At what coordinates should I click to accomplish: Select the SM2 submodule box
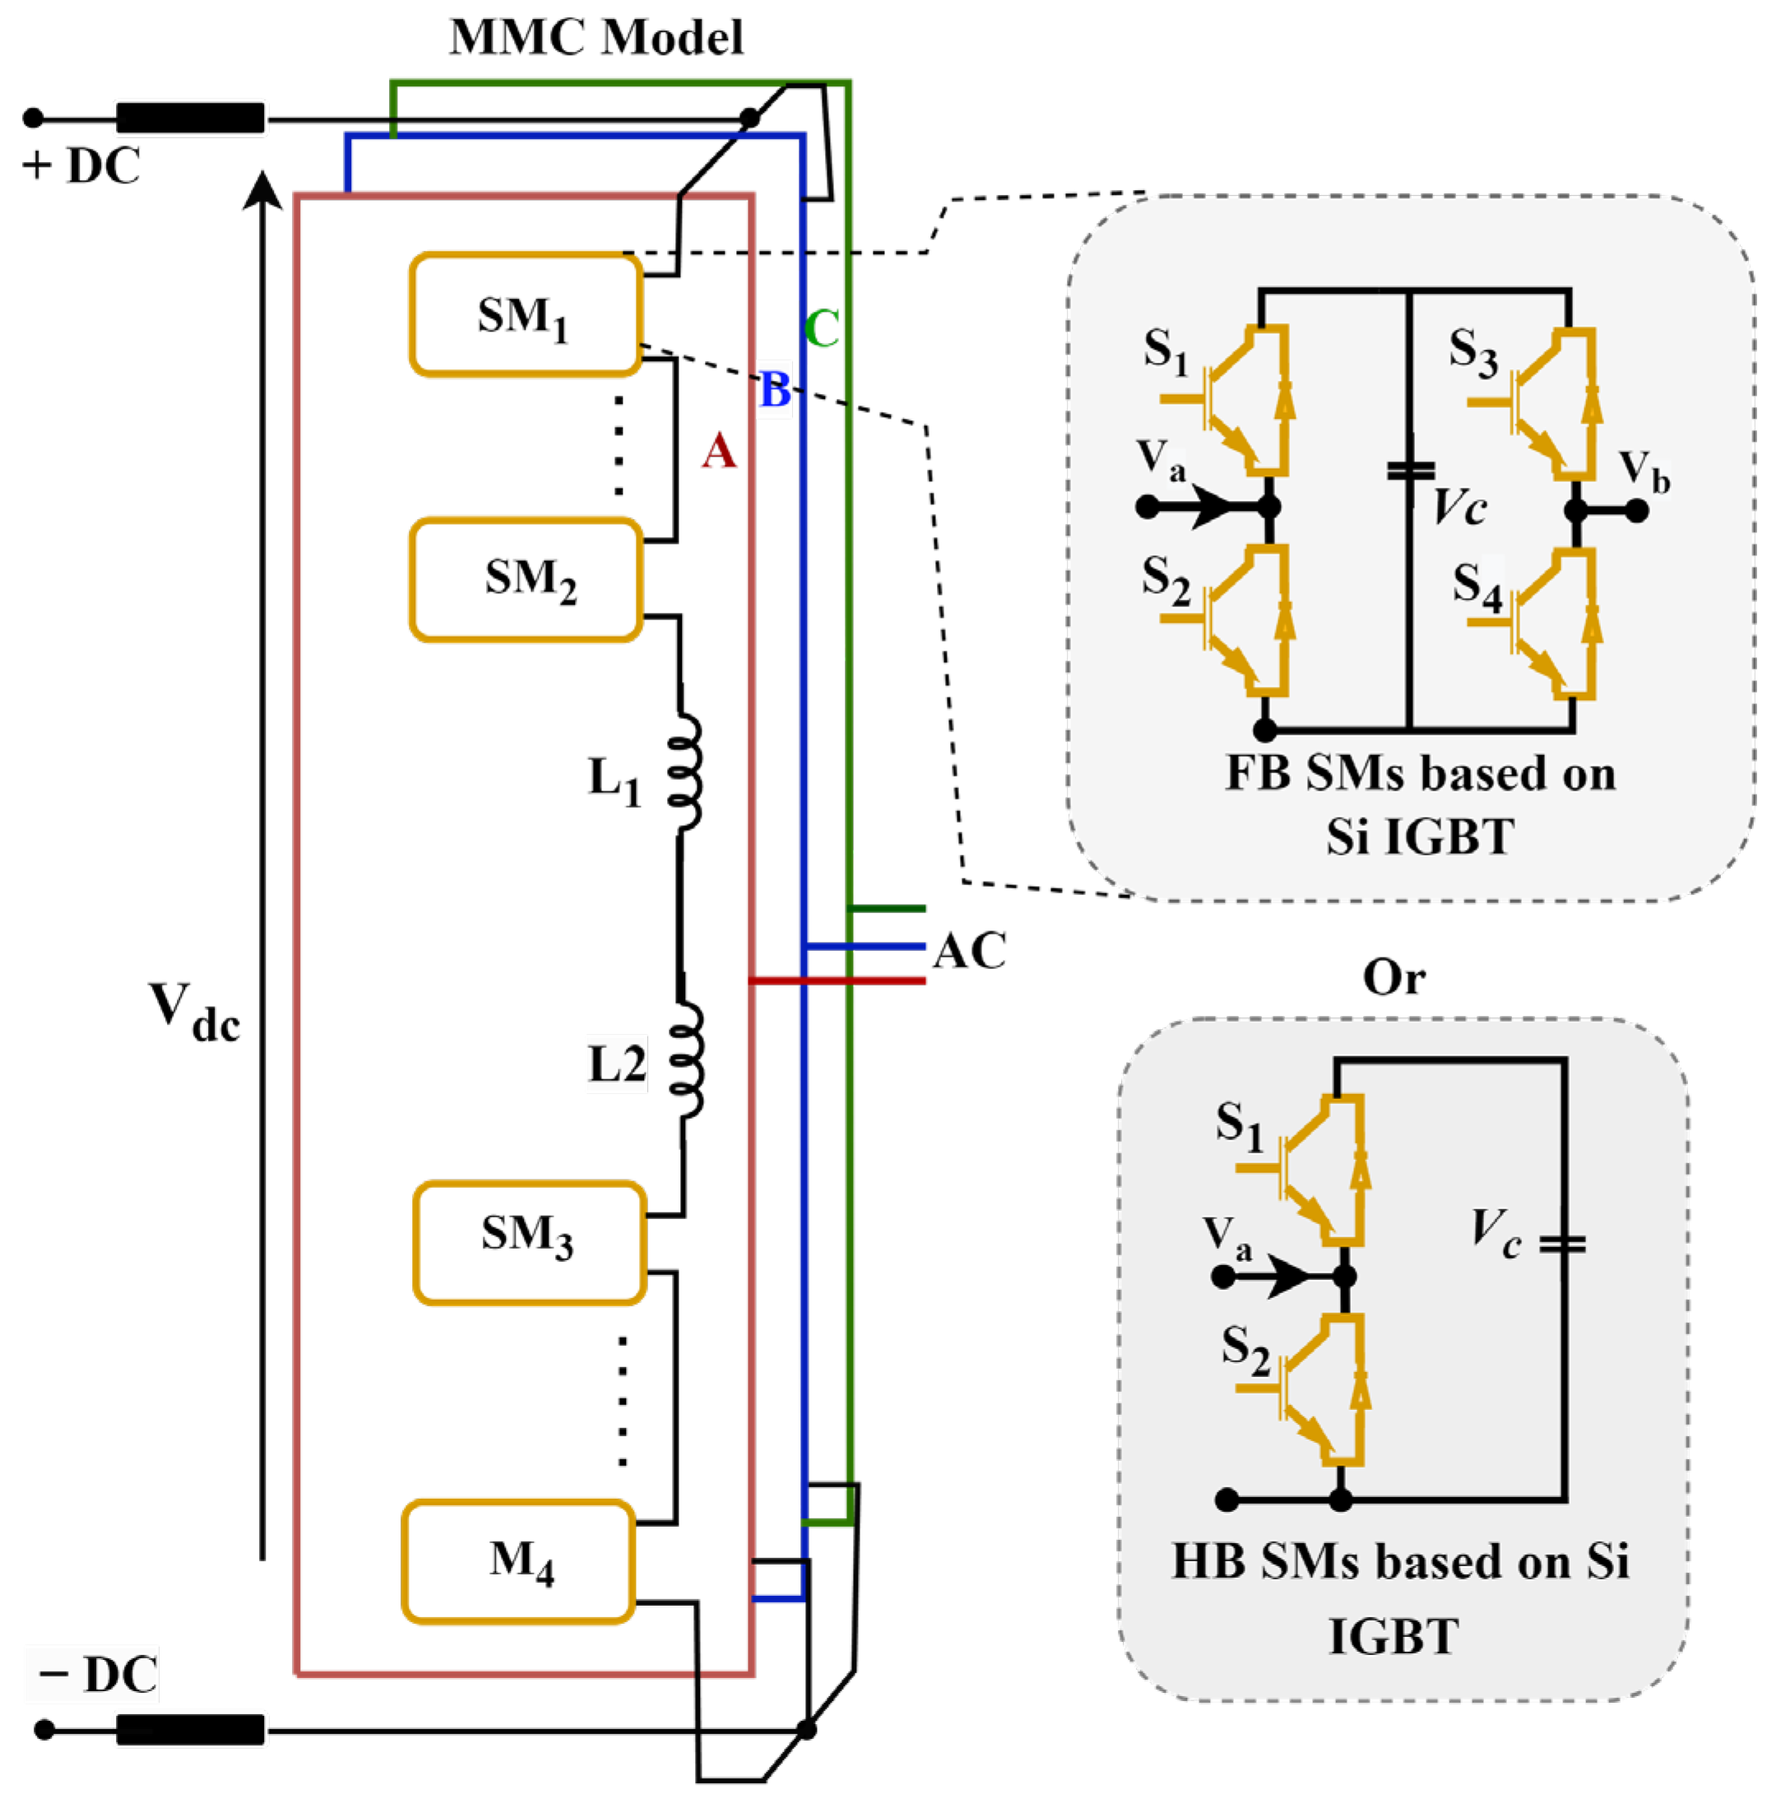click(526, 579)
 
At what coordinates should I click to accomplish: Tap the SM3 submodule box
click(529, 1242)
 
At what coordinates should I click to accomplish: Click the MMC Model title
click(596, 37)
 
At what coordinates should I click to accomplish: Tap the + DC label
click(82, 165)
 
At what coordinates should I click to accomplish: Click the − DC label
click(97, 1674)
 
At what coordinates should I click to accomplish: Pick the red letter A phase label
click(718, 452)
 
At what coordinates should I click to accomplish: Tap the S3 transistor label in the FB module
click(1472, 352)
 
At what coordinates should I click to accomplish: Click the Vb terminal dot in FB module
click(1636, 510)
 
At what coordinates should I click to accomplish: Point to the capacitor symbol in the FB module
click(1410, 471)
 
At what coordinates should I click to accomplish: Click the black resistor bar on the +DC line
click(190, 118)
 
